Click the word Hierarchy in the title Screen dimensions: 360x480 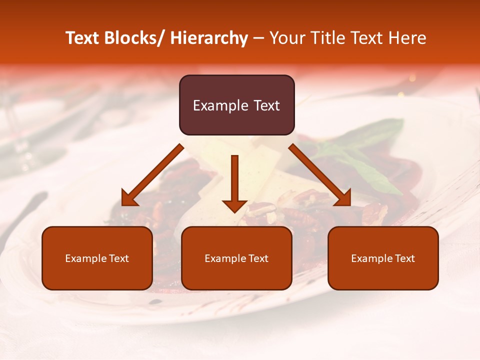[x=209, y=38]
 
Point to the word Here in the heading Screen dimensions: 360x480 [x=408, y=38]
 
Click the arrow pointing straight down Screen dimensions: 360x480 [x=234, y=180]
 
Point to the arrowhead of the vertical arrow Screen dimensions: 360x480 [x=234, y=205]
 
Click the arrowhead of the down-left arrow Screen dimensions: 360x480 [x=128, y=199]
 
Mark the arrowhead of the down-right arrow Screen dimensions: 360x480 [x=343, y=199]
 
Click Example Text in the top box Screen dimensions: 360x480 [x=236, y=105]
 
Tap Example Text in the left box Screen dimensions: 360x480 [x=97, y=258]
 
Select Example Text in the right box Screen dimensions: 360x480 [x=383, y=258]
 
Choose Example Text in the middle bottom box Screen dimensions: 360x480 [x=236, y=258]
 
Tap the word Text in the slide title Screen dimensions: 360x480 [x=84, y=38]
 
